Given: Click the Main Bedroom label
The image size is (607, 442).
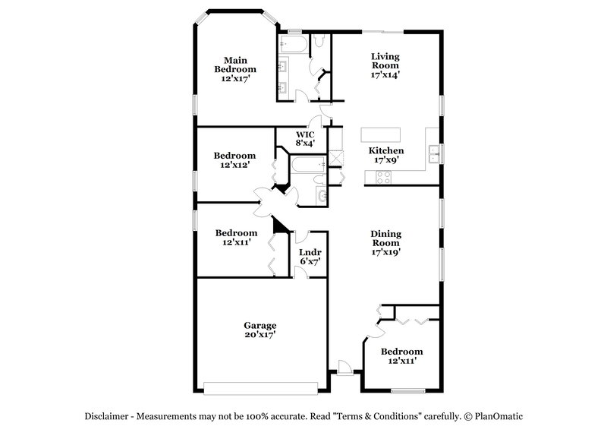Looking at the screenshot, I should tap(234, 68).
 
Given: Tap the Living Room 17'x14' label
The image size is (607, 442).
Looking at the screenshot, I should tap(385, 65).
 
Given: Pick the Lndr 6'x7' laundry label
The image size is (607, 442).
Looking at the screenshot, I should tap(309, 257).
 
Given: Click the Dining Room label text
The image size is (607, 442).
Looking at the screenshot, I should tap(385, 242).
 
